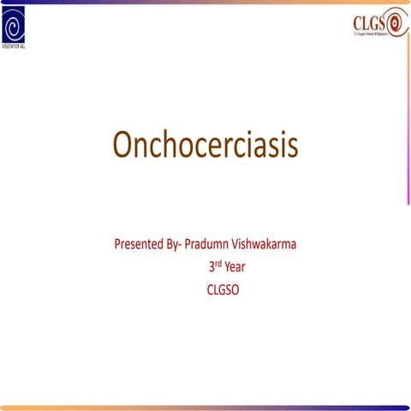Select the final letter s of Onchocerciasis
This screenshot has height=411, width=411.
coord(292,146)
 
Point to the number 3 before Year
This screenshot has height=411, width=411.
coord(211,267)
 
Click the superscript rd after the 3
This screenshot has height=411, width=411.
coord(218,264)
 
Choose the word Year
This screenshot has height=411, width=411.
coord(235,267)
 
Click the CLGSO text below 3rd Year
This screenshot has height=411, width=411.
coord(223,289)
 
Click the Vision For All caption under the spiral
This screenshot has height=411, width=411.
coord(17,46)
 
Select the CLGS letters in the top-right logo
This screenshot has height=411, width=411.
coord(370,23)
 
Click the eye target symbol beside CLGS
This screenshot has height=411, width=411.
coord(397,24)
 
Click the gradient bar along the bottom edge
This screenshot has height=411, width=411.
coord(205,407)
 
